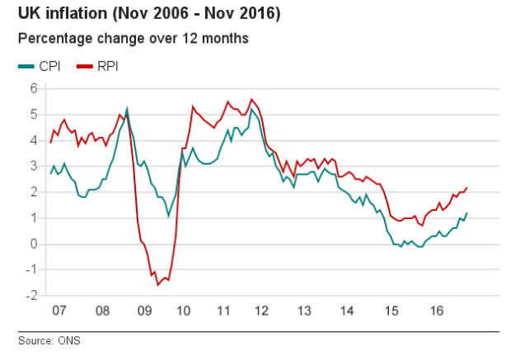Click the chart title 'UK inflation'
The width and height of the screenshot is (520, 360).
tap(144, 14)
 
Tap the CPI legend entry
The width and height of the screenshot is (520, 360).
tap(39, 66)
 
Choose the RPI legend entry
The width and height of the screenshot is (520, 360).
tap(97, 66)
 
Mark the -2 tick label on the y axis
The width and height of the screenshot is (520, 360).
tap(31, 296)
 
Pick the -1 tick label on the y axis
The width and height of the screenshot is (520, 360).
tap(31, 270)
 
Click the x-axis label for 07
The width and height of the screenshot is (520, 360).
tap(59, 311)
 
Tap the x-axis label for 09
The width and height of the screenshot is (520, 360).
tap(144, 311)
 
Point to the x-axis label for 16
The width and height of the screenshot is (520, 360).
tap(437, 311)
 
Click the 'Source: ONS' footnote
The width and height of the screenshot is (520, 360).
tap(49, 339)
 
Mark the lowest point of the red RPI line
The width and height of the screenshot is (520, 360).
tap(157, 285)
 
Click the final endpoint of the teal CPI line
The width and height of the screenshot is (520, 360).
tap(467, 213)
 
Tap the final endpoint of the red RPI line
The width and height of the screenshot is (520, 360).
tap(467, 188)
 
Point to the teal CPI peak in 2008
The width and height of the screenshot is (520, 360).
tap(127, 108)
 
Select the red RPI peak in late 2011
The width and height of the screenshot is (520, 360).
tap(251, 100)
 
